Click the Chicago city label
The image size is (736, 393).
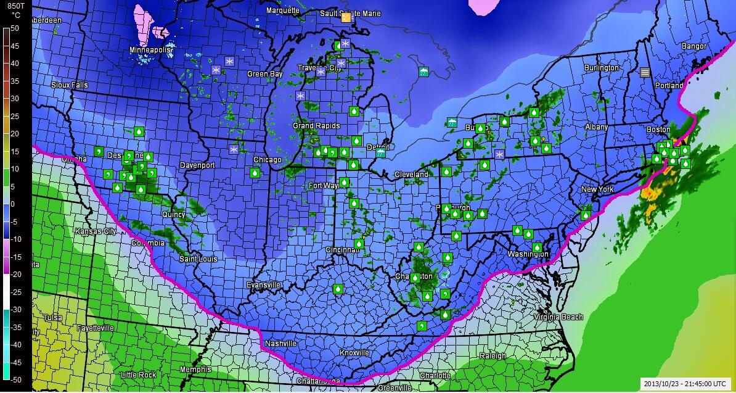tap(267, 160)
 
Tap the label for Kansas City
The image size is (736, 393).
tap(96, 231)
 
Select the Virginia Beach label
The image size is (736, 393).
tap(558, 317)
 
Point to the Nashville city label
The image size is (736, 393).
tap(280, 344)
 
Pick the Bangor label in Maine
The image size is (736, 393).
tap(693, 46)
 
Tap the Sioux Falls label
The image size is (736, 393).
tap(70, 85)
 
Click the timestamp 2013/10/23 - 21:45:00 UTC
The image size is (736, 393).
tap(685, 383)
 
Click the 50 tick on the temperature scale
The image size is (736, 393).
tap(15, 28)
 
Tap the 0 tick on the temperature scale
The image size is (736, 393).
tap(15, 204)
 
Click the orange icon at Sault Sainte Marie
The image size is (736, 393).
tap(346, 18)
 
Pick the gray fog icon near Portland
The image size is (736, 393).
tap(645, 72)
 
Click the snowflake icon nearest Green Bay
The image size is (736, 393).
tap(230, 61)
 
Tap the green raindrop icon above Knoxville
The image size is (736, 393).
tap(338, 289)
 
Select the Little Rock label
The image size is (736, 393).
tap(138, 375)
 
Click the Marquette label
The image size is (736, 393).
tap(282, 10)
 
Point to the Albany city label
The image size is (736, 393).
tap(596, 127)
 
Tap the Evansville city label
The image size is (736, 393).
tap(263, 285)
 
